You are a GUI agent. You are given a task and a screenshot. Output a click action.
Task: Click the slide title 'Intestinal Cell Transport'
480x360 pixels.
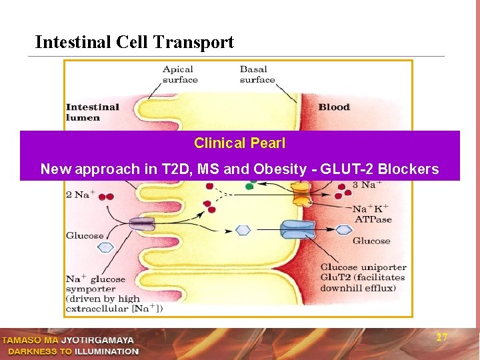pos(135,42)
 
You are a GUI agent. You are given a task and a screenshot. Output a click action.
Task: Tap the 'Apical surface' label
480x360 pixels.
pos(180,74)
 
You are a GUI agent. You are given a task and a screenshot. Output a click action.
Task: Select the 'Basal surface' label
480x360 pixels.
pos(257,74)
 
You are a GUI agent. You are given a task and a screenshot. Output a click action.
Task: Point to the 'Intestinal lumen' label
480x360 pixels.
pos(93,112)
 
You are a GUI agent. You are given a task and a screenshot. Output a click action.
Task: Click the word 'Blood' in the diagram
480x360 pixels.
pos(334,107)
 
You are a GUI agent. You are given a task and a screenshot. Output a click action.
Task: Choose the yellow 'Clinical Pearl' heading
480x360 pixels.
pos(239,143)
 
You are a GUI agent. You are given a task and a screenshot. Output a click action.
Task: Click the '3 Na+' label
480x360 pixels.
pos(367,184)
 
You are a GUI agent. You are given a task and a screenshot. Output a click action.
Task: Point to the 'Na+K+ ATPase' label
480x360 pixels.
pos(372,214)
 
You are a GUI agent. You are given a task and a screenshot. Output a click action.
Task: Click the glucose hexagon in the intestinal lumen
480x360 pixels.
pos(106,247)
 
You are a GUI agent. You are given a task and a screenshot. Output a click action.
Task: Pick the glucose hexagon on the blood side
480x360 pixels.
pos(343,230)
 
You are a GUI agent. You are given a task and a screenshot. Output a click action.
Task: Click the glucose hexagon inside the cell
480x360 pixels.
pos(243,230)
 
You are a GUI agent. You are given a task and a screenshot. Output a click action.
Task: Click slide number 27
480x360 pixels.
pos(441,337)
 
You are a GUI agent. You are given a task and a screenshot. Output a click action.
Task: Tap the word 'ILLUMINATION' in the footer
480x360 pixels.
pos(107,351)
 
